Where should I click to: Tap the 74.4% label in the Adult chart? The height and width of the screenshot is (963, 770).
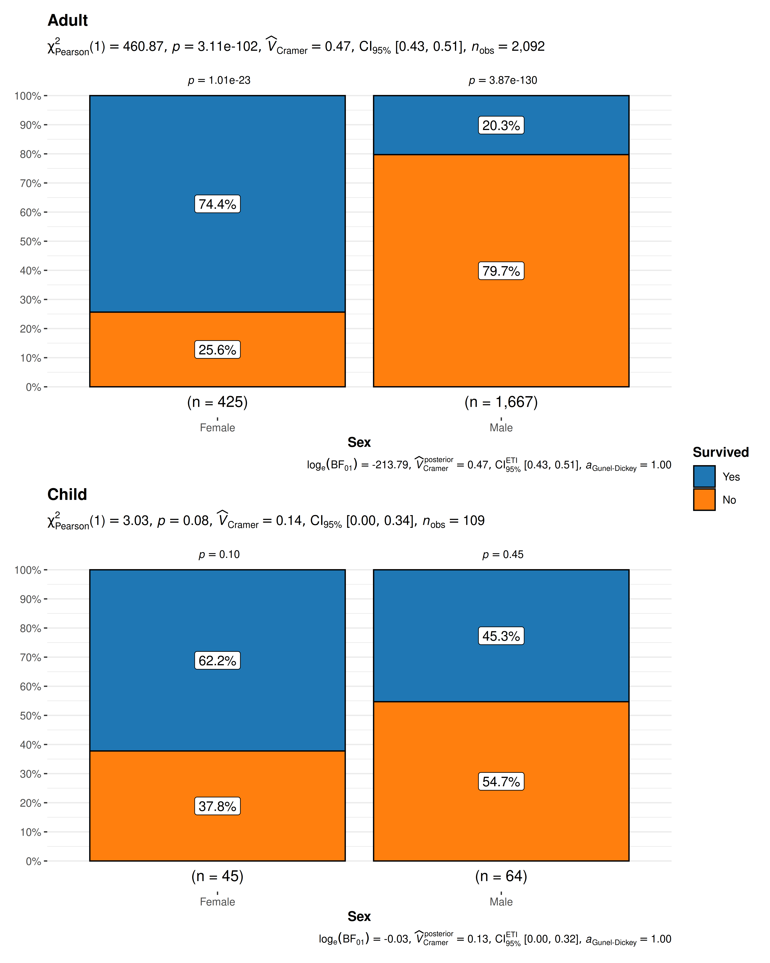pos(217,204)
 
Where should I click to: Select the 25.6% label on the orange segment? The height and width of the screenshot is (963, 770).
pos(217,350)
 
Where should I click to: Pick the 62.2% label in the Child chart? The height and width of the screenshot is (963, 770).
pos(217,661)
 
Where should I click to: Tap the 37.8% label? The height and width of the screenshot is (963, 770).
pos(217,806)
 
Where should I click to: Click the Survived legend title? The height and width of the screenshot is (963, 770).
pos(720,452)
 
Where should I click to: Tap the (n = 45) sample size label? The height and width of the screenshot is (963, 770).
pos(217,876)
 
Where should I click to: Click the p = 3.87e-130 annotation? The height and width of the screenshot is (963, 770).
pos(503,80)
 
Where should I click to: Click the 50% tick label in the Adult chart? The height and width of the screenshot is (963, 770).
pos(30,242)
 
